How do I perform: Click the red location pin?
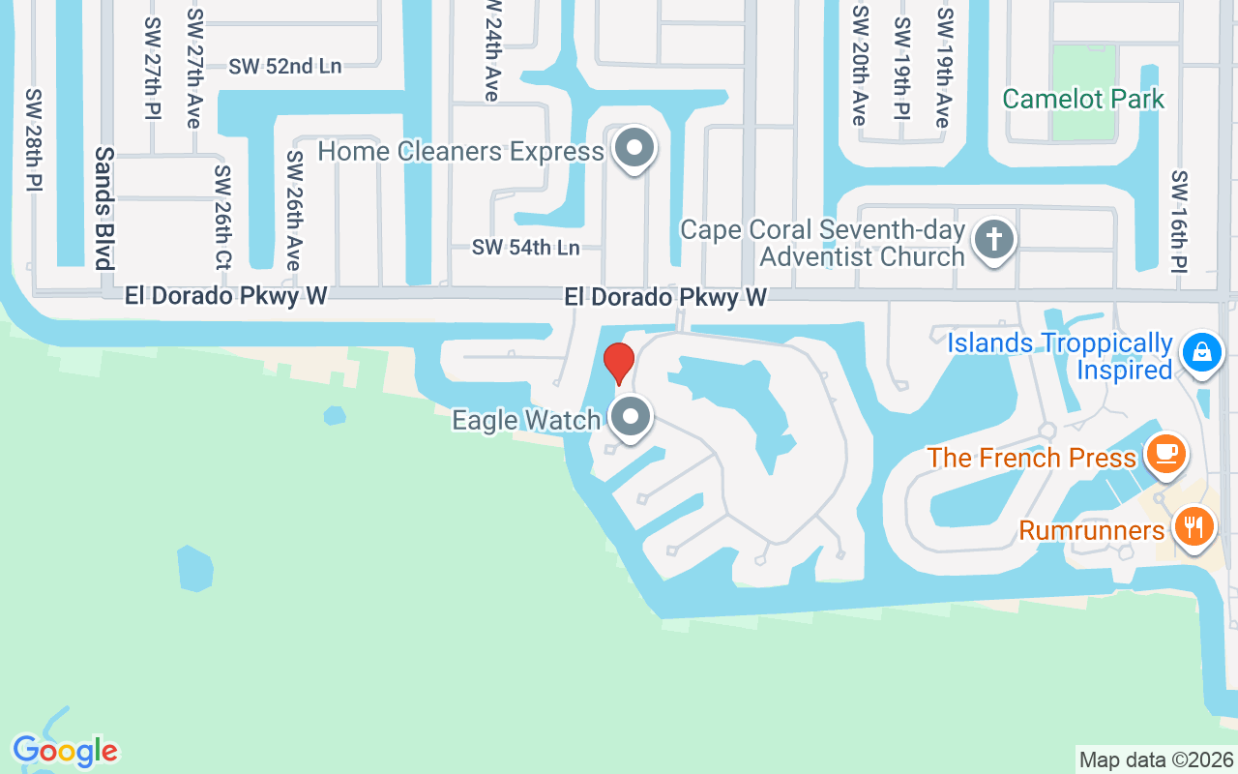coord(618,363)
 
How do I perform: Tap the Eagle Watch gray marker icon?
coord(632,418)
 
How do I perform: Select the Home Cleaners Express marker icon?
coord(634,149)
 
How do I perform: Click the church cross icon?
coord(992,238)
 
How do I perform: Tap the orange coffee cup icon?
coord(1164,453)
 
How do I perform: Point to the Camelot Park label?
coord(1083,99)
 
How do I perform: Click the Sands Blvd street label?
coord(103,207)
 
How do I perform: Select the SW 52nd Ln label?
coord(285,66)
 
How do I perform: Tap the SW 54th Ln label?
coord(525,248)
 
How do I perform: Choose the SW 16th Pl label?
coord(1179,221)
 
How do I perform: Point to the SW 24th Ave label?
coord(491,50)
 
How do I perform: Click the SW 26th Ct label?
coord(223,219)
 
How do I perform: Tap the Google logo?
coord(65,750)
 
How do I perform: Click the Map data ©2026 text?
coord(1156,759)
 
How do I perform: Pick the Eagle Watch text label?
coord(526,420)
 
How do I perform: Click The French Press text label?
coord(1031,457)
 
